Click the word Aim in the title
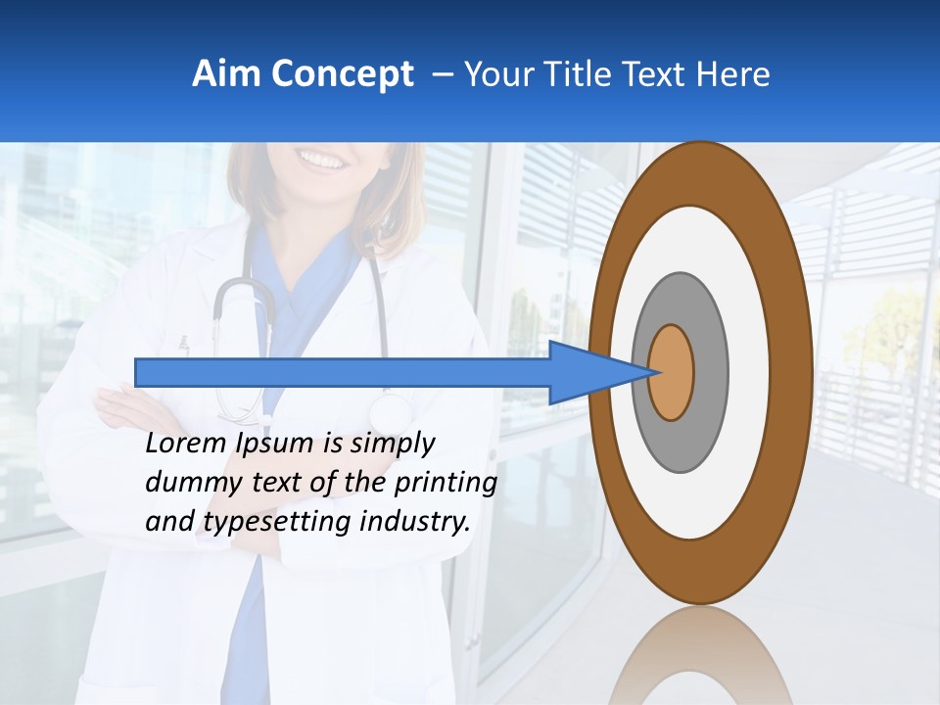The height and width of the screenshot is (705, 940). click(226, 74)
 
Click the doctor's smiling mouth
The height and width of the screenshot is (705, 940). click(322, 157)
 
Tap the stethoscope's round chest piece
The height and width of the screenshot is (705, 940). click(391, 409)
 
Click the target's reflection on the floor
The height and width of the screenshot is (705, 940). click(700, 656)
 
